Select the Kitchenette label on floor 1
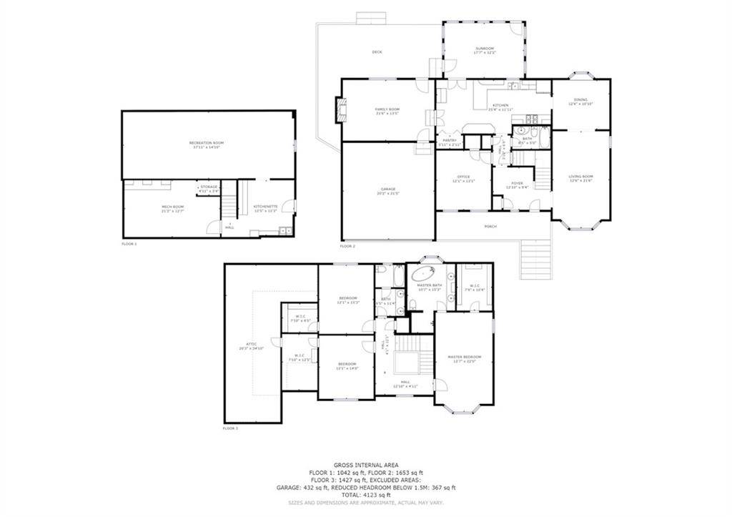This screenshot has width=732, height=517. point(264,207)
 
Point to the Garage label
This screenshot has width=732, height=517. point(387,189)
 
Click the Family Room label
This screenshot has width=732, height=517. point(387,109)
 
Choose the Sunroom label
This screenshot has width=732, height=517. point(484,49)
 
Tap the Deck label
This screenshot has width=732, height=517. point(377,51)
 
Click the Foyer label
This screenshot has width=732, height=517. point(517,183)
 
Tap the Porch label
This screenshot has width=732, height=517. point(490,226)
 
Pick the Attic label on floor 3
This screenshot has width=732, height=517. point(252,346)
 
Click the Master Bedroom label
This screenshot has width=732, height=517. point(464,357)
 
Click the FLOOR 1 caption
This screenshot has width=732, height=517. point(129,244)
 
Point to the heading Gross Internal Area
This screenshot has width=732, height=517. point(365,465)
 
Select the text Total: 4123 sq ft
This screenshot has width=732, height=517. point(365,494)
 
